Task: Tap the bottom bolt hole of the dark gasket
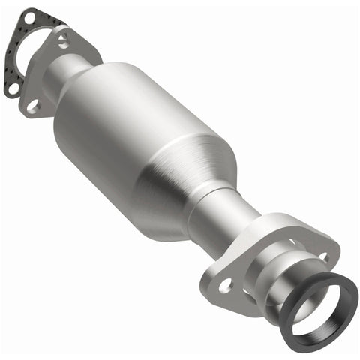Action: click(13, 88)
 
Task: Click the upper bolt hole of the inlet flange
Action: click(64, 42)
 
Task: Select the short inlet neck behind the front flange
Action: click(63, 79)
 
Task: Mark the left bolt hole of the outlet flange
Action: click(226, 285)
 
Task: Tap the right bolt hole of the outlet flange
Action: click(324, 257)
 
